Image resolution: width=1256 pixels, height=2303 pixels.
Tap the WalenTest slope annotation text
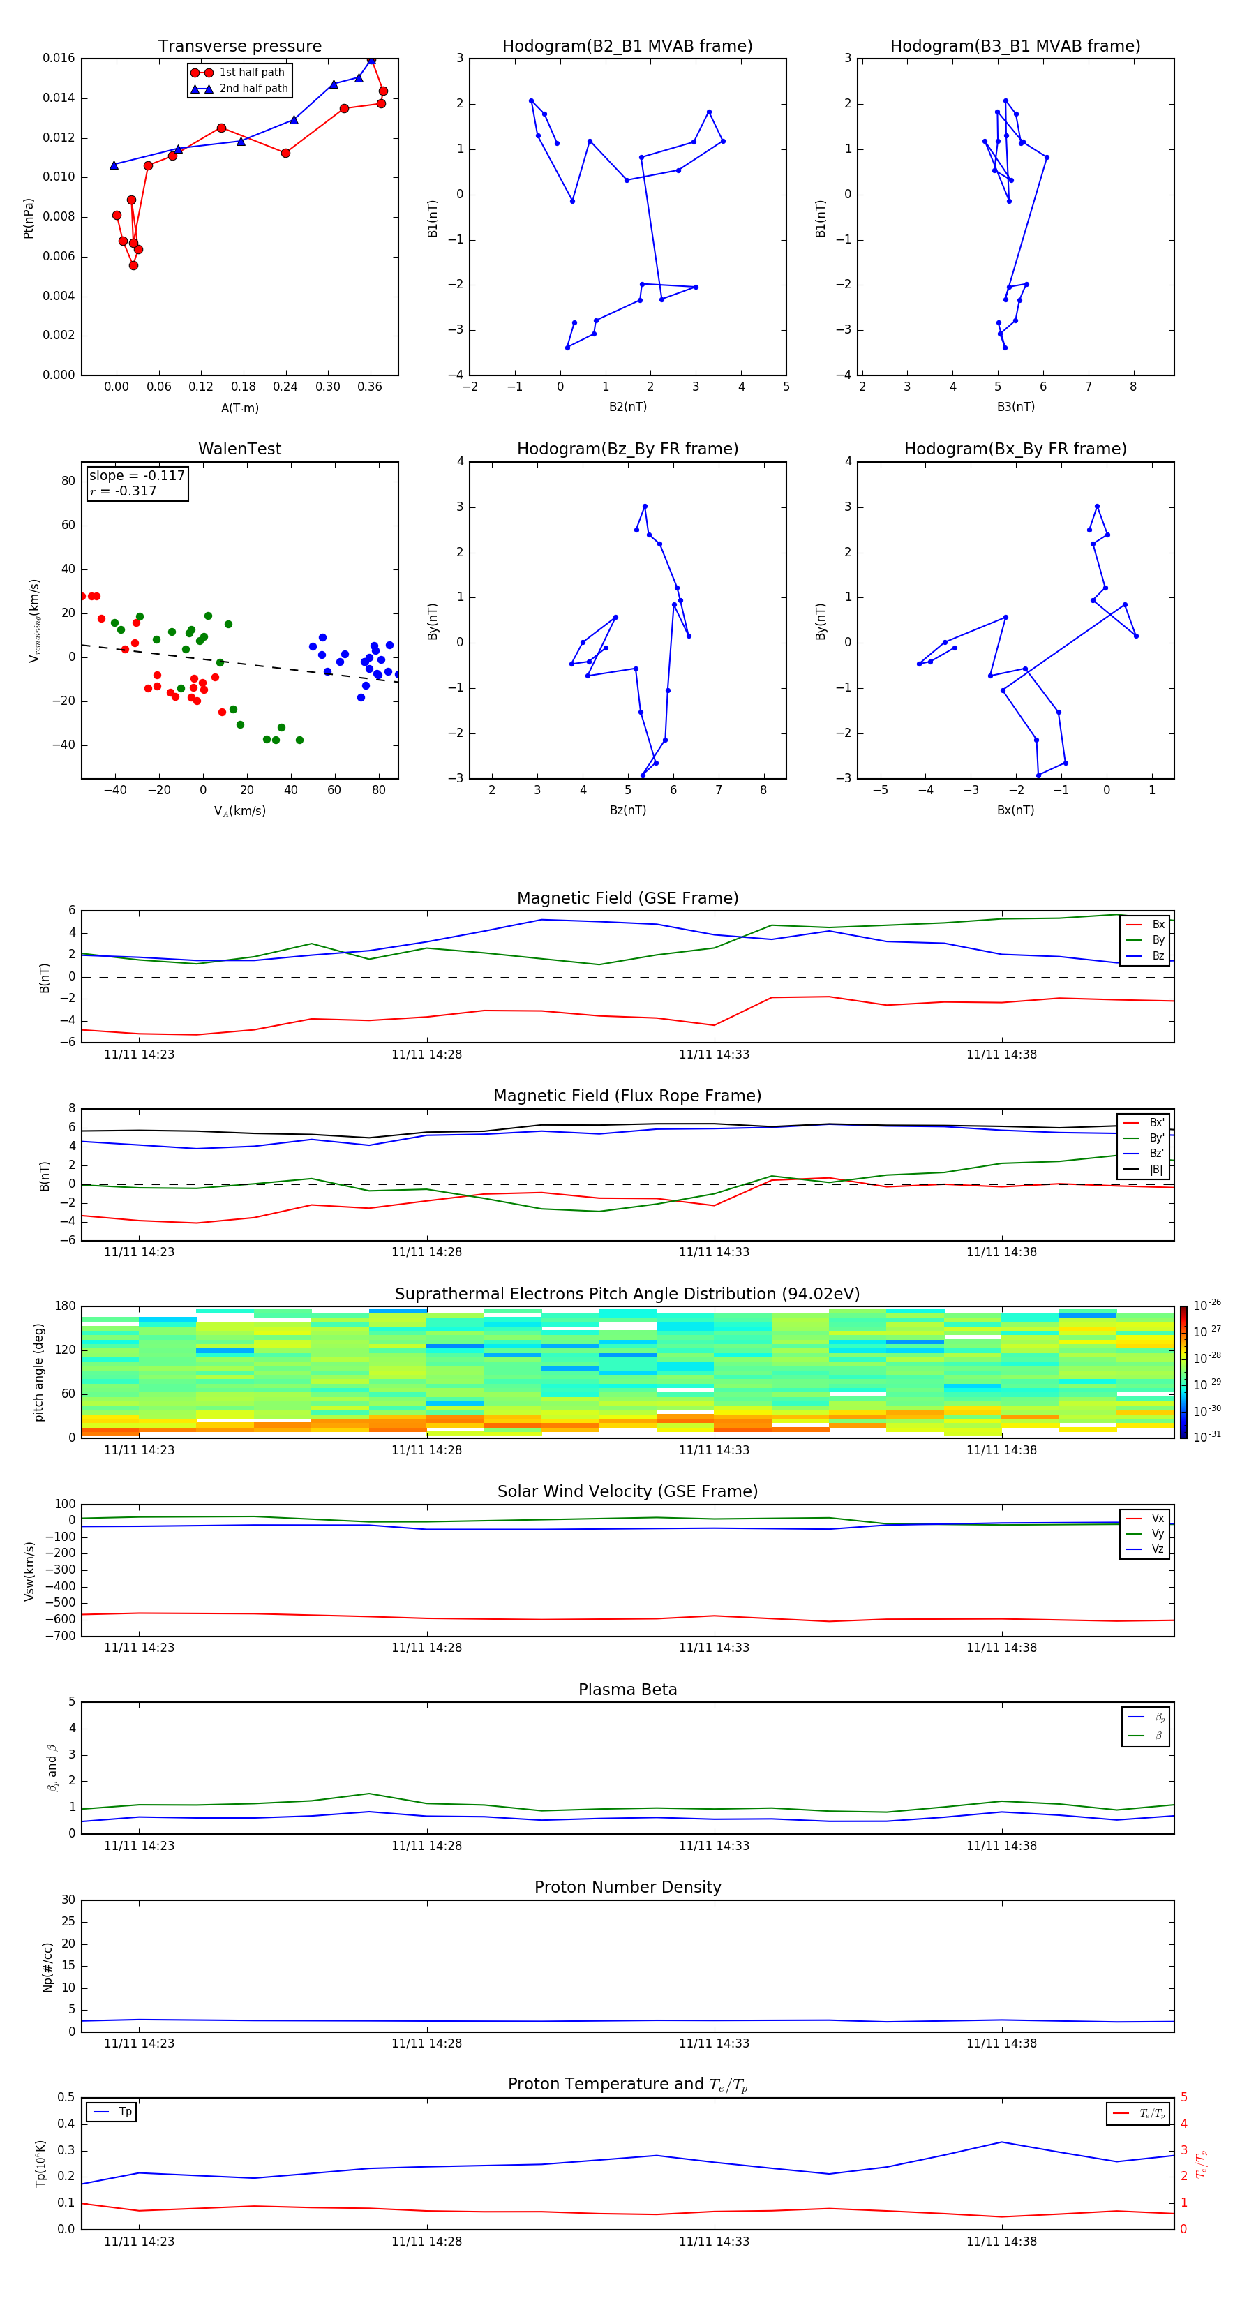point(137,476)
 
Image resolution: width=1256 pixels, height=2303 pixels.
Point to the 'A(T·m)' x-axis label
point(239,408)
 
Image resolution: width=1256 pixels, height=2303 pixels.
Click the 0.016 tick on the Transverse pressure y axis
point(59,58)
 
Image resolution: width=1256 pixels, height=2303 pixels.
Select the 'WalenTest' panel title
point(239,449)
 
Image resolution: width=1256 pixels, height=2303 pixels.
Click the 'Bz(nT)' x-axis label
point(627,810)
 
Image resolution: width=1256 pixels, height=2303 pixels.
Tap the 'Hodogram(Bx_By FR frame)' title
point(1015,449)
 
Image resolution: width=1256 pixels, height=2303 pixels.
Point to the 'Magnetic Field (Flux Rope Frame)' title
point(627,1096)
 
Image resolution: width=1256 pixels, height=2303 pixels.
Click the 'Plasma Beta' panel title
point(627,1690)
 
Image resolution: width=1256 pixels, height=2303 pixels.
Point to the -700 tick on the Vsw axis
point(61,1636)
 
